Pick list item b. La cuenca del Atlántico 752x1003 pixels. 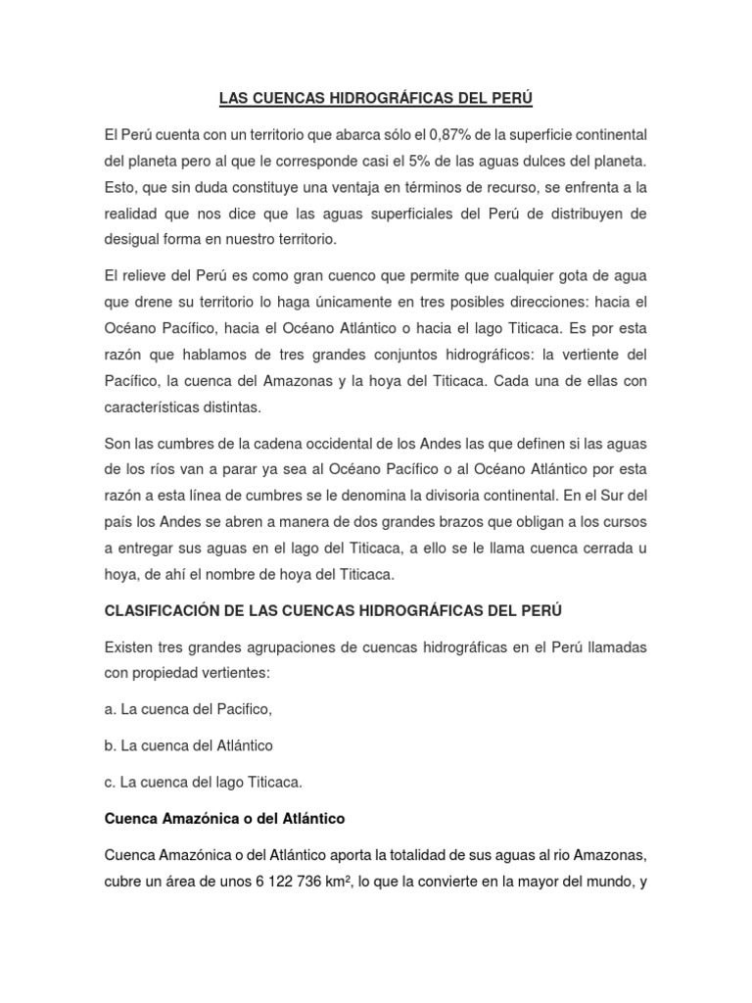point(189,745)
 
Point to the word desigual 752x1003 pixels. point(131,239)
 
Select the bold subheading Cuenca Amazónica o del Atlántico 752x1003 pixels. point(224,817)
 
